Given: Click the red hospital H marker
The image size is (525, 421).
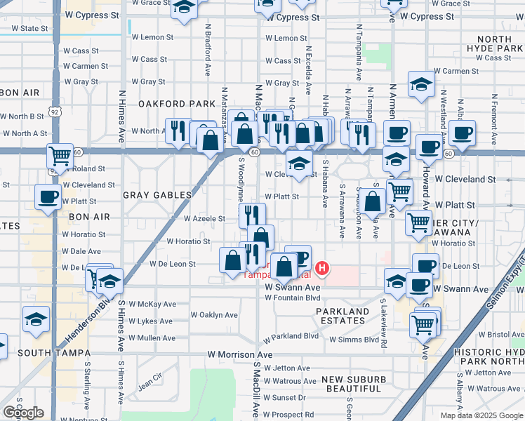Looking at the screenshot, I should pyautogui.click(x=322, y=267).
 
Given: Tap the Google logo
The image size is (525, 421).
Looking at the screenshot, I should pyautogui.click(x=23, y=413).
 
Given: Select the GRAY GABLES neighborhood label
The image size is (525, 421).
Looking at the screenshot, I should pyautogui.click(x=158, y=194).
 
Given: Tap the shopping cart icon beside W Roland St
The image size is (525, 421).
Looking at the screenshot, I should pyautogui.click(x=60, y=155).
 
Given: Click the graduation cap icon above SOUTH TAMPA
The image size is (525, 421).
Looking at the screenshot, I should pyautogui.click(x=36, y=319).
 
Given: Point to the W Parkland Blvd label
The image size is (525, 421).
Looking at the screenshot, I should pyautogui.click(x=291, y=336).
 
